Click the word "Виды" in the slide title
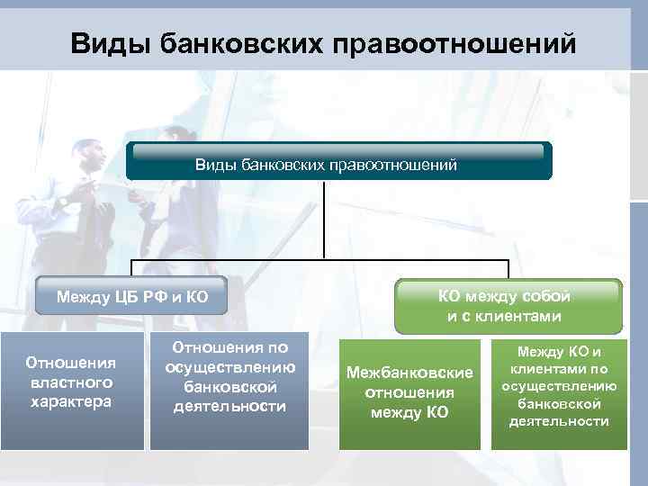coord(109,43)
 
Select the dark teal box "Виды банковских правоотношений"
coord(338,162)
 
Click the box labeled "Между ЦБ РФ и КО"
coord(126,296)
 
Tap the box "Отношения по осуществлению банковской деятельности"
coord(229,391)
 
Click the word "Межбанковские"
coord(410,373)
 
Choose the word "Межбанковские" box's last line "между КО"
coord(410,413)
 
